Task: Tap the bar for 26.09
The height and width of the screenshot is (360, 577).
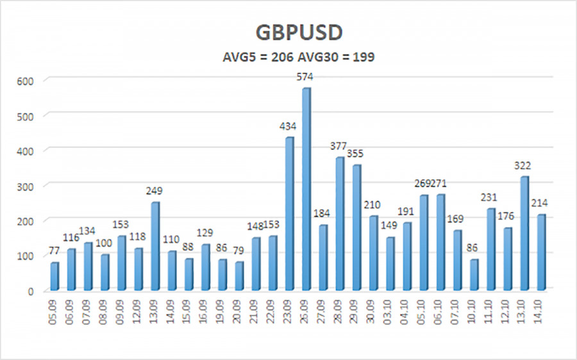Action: [x=306, y=189]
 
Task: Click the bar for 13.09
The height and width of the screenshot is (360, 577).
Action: [x=156, y=246]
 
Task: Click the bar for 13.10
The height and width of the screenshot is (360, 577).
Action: [x=524, y=233]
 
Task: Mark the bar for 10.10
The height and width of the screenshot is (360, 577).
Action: [x=474, y=274]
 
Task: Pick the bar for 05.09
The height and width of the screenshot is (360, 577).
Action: [x=55, y=276]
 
